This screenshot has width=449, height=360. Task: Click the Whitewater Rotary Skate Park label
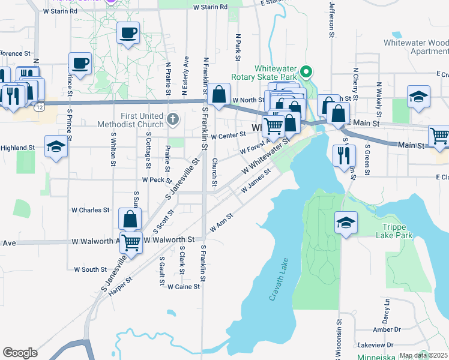(x=276, y=73)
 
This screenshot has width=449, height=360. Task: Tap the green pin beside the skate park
(x=306, y=73)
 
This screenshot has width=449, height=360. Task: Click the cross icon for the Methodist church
(x=173, y=118)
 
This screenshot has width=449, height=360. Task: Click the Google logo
(x=20, y=353)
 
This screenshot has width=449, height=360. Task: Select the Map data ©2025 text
(x=424, y=355)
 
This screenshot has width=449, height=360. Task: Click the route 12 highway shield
(x=38, y=106)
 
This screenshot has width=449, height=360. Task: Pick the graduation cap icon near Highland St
(x=56, y=147)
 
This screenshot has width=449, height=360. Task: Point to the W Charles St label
(x=91, y=211)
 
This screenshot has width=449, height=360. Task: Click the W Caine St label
(x=183, y=287)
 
